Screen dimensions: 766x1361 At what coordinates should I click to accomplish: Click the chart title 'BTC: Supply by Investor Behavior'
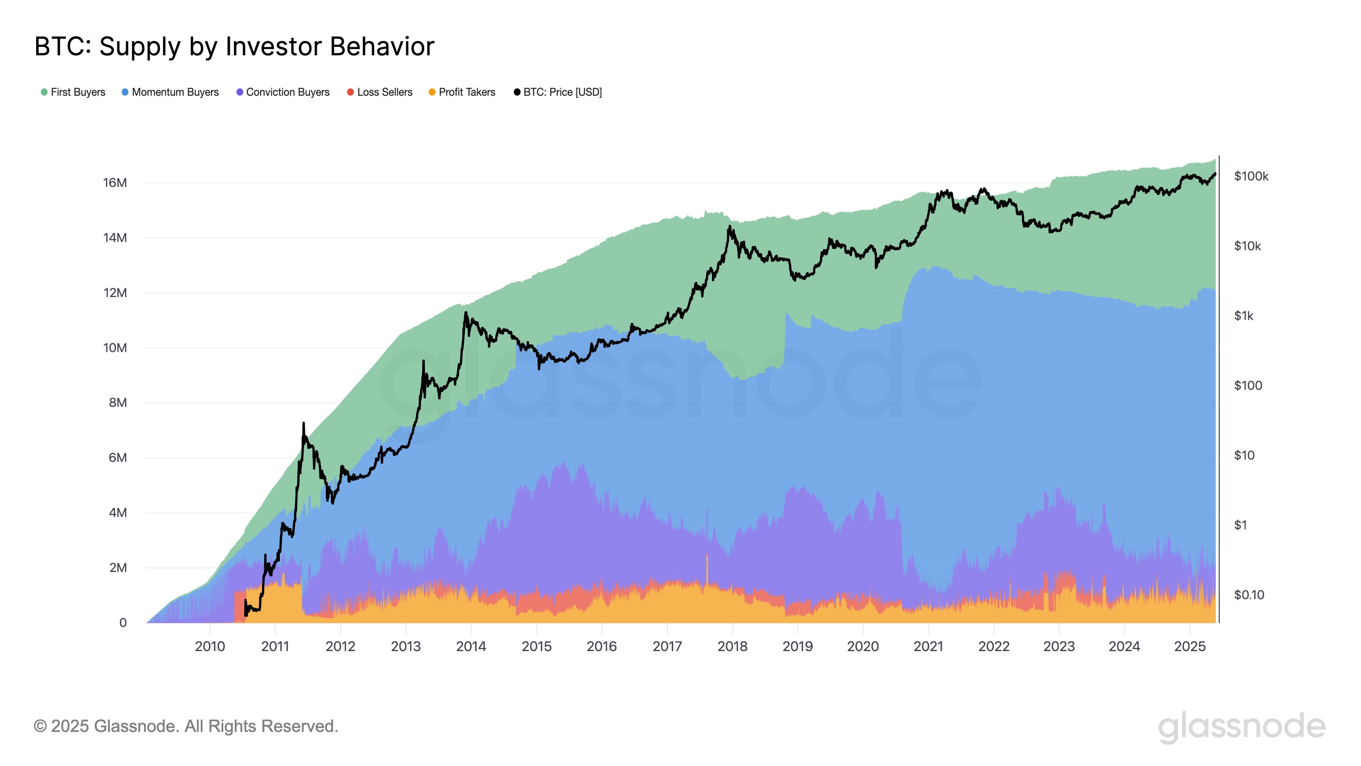234,46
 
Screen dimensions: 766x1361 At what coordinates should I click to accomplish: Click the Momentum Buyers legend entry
170,92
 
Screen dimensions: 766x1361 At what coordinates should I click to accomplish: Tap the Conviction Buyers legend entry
283,92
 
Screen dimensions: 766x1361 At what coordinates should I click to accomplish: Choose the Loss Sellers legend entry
380,92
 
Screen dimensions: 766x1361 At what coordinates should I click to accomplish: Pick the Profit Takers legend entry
462,92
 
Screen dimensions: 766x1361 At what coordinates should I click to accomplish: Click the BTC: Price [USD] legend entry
558,92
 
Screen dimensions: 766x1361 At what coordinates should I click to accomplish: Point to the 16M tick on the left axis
115,183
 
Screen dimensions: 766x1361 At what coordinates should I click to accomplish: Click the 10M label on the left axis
115,348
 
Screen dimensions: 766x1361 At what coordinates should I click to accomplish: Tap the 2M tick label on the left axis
118,568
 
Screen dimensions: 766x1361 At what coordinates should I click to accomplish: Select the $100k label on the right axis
1250,176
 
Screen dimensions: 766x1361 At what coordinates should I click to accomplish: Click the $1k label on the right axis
1243,316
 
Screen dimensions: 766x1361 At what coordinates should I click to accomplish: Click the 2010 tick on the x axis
210,646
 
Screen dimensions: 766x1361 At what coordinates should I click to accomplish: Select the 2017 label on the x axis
667,646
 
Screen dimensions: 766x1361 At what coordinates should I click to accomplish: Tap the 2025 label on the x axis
1189,646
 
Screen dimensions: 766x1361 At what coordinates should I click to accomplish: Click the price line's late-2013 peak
465,313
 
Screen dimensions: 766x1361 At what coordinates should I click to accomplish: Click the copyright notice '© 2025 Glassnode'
185,726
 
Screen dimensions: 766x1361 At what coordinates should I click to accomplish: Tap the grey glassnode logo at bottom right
1241,727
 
